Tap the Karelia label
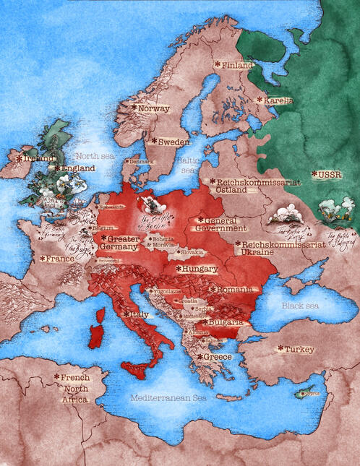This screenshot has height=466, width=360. coord(278,100)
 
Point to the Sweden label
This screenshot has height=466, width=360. coord(173,142)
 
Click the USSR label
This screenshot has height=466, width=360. coord(327,174)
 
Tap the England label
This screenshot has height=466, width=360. coord(77,168)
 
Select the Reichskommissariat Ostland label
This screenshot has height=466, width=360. coord(254,186)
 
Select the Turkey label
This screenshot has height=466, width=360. coord(299,349)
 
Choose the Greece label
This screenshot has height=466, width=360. coord(217,357)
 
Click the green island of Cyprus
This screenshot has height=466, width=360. coord(307,394)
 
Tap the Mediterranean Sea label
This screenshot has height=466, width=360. coord(168,398)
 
